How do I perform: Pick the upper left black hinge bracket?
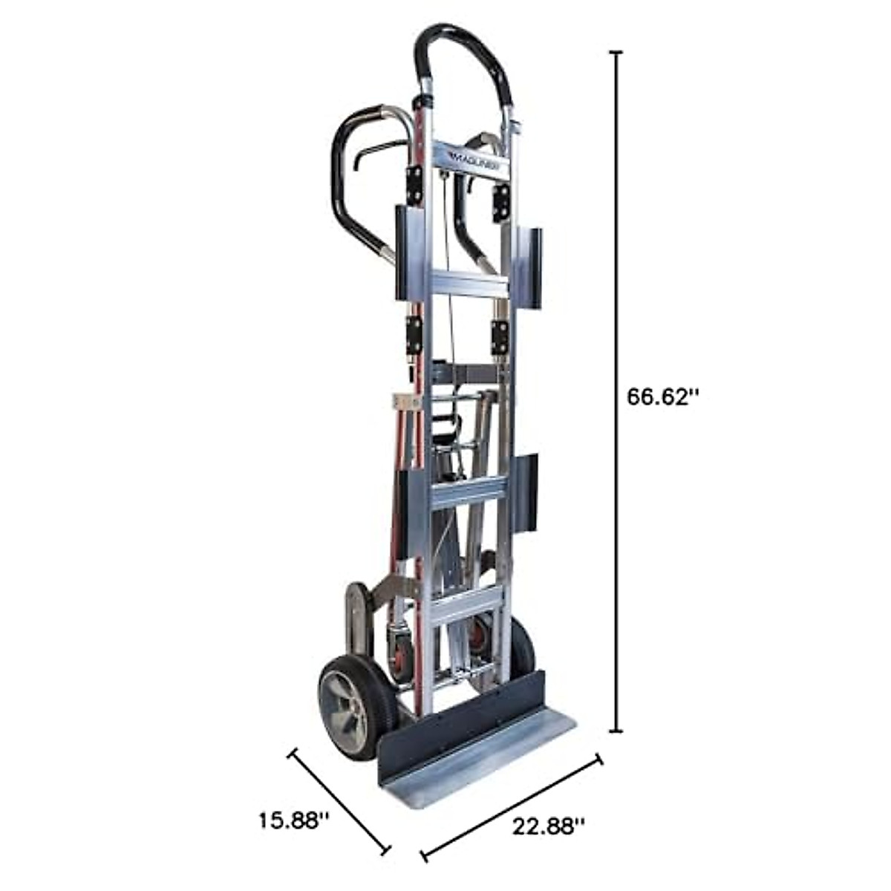(413, 183)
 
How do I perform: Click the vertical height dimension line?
(615, 394)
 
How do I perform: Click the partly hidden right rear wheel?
(523, 650)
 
